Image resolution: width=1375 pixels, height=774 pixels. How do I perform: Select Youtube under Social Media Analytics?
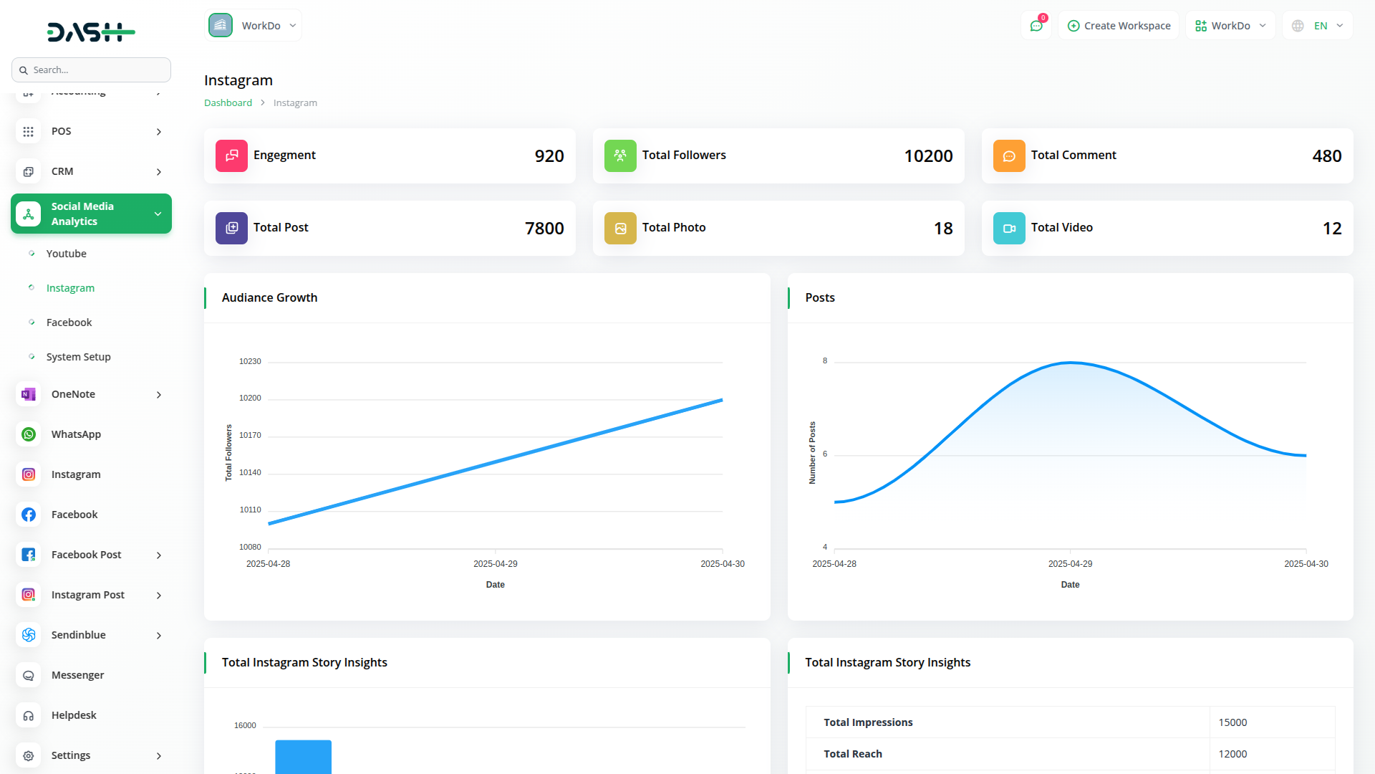click(66, 254)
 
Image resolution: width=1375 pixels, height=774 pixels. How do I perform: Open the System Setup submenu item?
click(78, 357)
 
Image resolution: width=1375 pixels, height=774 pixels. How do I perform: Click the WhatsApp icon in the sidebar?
click(29, 434)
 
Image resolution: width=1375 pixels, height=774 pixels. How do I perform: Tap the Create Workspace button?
click(1119, 26)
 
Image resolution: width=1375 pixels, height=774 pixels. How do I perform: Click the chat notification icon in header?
click(1036, 26)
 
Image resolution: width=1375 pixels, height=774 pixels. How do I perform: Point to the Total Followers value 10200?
click(928, 156)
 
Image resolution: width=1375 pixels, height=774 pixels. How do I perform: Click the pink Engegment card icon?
click(231, 156)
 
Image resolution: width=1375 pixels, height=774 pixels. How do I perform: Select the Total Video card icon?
click(1009, 228)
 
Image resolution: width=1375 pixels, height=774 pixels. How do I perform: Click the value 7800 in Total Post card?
click(544, 229)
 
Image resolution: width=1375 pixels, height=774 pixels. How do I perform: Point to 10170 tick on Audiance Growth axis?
click(250, 435)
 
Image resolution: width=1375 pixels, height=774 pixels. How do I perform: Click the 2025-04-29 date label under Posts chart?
click(1070, 564)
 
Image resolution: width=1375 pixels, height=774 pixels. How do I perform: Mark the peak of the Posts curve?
click(1071, 363)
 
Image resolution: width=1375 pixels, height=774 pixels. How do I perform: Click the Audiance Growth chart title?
click(269, 297)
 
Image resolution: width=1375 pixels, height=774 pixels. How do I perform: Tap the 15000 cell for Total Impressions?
click(1232, 722)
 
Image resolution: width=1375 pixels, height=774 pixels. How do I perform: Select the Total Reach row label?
click(852, 754)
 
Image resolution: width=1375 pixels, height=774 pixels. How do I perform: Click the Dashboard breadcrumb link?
click(228, 103)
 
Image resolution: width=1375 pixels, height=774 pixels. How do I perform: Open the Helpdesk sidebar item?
click(74, 715)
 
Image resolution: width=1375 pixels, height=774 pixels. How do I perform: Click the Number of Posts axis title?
click(812, 453)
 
